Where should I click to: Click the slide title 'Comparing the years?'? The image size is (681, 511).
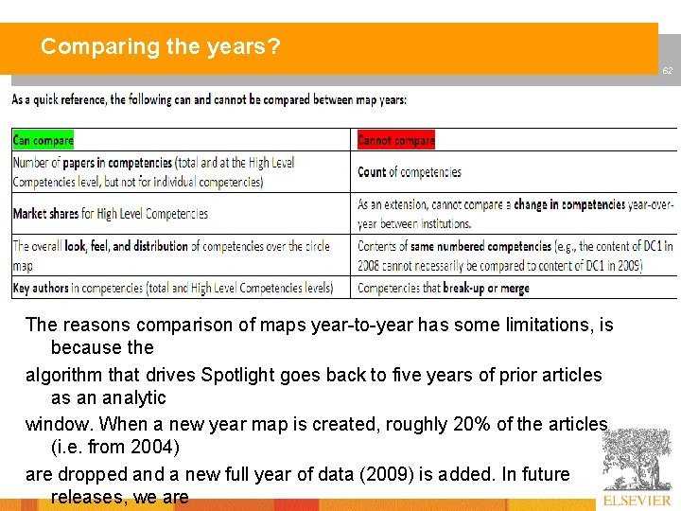[x=161, y=45]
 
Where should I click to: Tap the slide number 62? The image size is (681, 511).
[x=667, y=71]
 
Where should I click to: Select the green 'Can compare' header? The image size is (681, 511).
[x=44, y=140]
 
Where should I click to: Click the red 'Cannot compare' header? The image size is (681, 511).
[x=396, y=140]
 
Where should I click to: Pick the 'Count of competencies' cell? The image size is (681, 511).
[x=410, y=172]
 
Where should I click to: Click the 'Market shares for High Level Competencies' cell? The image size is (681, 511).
[x=111, y=214]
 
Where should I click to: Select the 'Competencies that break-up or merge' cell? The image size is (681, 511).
[x=444, y=288]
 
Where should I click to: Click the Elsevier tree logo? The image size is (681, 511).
[x=637, y=459]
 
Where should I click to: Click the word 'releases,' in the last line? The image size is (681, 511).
[x=87, y=498]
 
